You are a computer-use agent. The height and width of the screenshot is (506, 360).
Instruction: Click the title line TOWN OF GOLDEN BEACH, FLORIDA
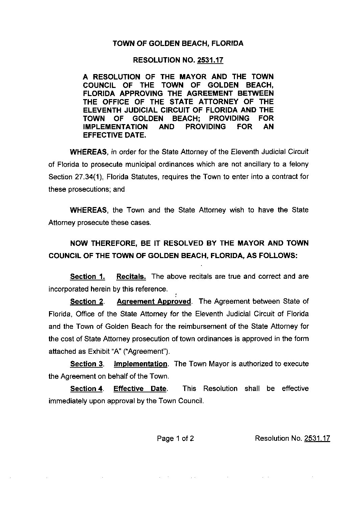(x=178, y=44)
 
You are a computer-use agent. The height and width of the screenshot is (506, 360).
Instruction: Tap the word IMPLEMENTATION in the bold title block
(x=115, y=127)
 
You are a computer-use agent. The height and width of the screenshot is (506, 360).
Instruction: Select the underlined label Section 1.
(x=87, y=277)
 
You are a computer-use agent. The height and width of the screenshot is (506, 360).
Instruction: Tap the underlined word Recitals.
(x=131, y=277)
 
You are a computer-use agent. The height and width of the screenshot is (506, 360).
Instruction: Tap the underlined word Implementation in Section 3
(x=140, y=364)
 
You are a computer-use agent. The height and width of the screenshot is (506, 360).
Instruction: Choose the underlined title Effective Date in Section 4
(x=140, y=389)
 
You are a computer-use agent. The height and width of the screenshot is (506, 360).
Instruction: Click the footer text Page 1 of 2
(x=175, y=439)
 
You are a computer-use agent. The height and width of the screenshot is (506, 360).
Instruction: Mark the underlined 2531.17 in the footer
(x=317, y=439)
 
